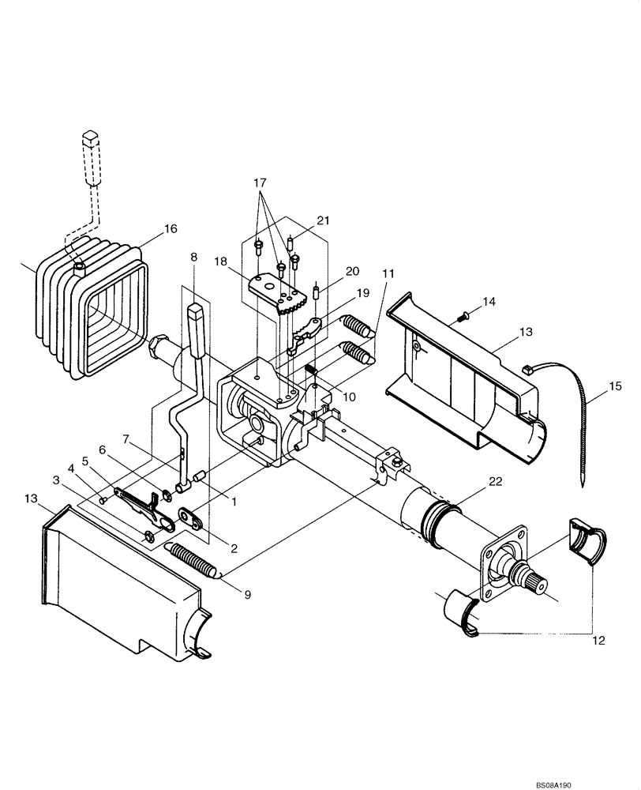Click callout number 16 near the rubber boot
[x=170, y=229]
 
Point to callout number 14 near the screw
[x=490, y=301]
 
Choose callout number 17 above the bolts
[x=260, y=182]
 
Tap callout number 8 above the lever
[x=193, y=257]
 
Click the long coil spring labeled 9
[x=193, y=559]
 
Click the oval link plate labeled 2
[x=189, y=517]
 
